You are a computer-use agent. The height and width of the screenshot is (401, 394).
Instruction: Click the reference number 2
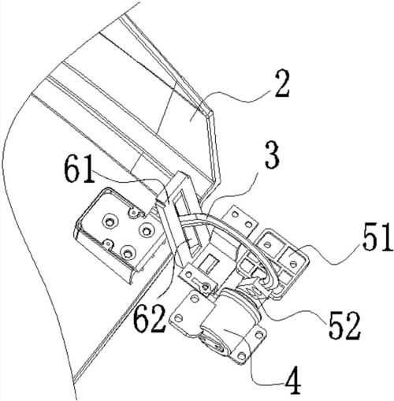click(x=282, y=85)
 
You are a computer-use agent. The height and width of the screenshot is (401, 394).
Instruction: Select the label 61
click(x=80, y=173)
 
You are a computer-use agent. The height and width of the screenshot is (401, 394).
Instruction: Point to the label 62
click(x=149, y=320)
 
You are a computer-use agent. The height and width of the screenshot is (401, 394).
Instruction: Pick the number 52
click(x=344, y=325)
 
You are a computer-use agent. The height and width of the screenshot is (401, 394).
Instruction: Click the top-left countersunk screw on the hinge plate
click(x=108, y=223)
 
